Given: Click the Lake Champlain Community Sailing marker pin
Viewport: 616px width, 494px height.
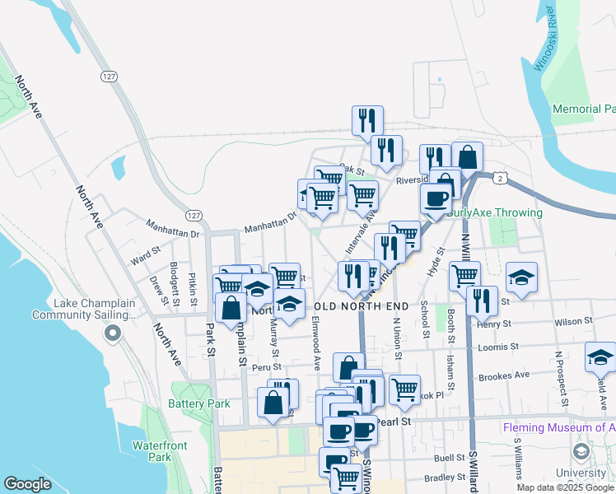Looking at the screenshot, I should (112, 333).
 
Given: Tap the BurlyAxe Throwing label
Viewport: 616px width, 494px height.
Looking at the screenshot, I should (495, 212).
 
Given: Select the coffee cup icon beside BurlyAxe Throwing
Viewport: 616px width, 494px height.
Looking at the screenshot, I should (436, 198).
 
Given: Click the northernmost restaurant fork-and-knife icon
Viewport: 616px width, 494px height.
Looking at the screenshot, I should (366, 120).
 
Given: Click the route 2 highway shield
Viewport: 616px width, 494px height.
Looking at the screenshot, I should (499, 178).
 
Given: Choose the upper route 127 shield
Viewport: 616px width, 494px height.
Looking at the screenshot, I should (108, 76).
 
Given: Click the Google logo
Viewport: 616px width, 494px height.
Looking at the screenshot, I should (28, 484).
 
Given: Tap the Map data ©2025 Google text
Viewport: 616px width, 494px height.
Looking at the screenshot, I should (566, 487).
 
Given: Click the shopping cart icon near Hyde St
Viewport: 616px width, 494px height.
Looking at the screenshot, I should (464, 276).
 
